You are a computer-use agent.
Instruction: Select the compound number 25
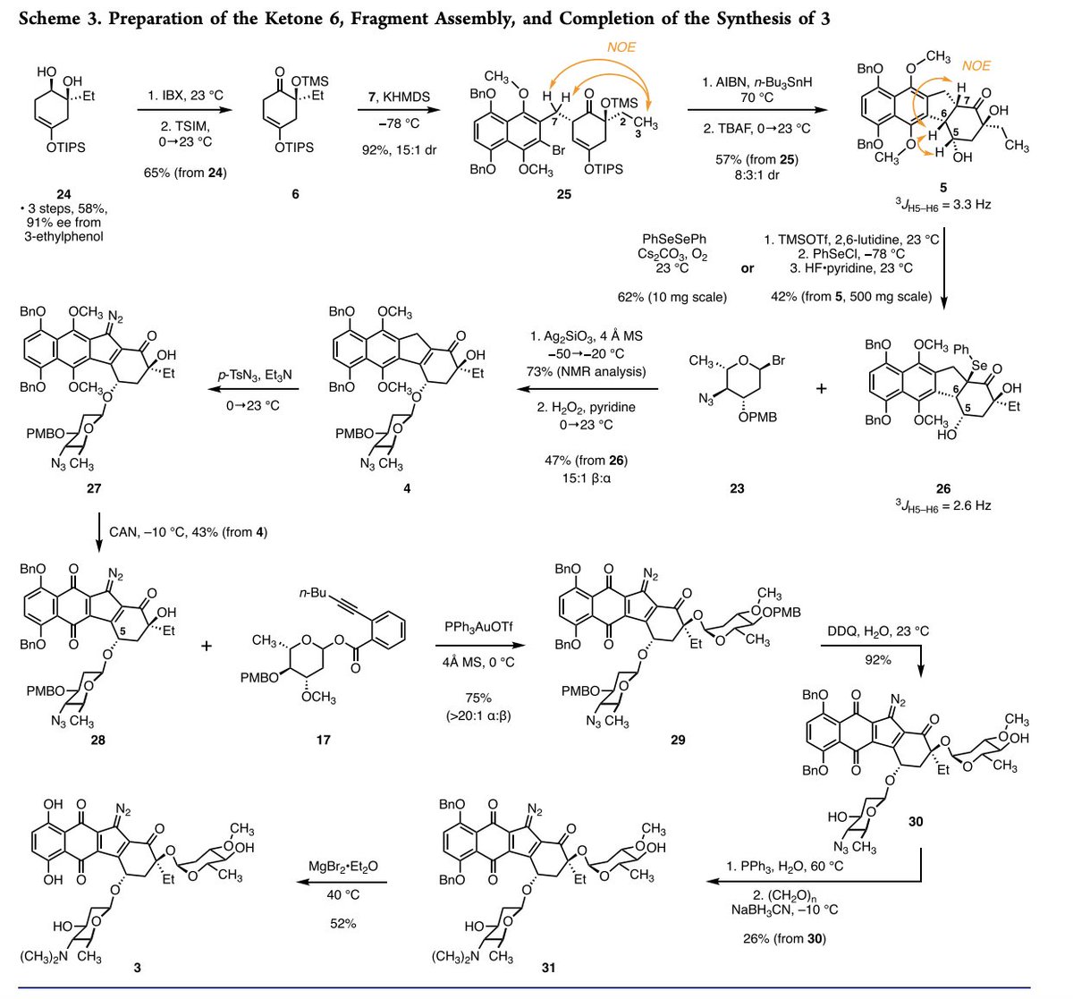pyautogui.click(x=563, y=193)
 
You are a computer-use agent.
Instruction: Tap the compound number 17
pyautogui.click(x=325, y=741)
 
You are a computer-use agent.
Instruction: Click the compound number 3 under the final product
pyautogui.click(x=137, y=968)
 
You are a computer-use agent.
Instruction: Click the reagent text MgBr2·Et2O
pyautogui.click(x=343, y=864)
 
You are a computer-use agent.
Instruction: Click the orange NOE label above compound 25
pyautogui.click(x=621, y=47)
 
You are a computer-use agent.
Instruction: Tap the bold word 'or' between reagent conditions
pyautogui.click(x=748, y=268)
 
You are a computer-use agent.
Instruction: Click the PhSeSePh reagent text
pyautogui.click(x=674, y=240)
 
